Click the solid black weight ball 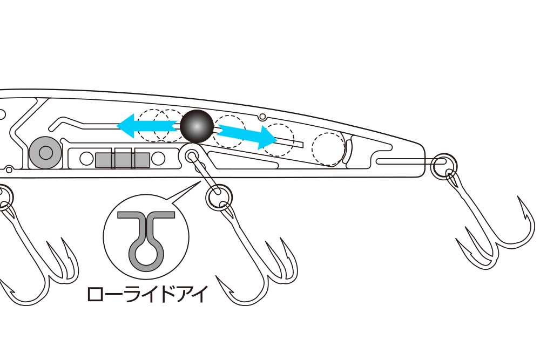point(197,126)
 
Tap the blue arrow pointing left point(147,126)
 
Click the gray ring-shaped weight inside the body point(45,152)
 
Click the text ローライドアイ point(148,295)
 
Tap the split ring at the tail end point(444,166)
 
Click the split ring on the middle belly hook point(219,197)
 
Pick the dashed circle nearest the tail point(328,148)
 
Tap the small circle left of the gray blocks point(86,159)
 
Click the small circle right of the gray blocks point(158,159)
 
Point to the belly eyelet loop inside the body point(192,157)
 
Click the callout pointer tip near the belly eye point(200,181)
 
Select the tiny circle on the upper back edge point(262,117)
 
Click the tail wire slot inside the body point(410,161)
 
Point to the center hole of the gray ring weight point(45,153)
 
